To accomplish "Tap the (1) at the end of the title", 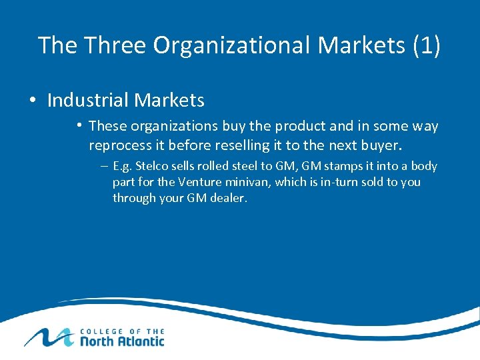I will (427, 45).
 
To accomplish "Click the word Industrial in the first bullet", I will (88, 101).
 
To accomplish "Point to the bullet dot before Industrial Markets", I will (32, 101).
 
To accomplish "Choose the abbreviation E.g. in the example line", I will (122, 166).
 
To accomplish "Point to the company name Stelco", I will (153, 166).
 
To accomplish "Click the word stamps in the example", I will (343, 166).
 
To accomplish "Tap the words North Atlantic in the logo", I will (122, 341).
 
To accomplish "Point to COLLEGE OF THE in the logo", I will (122, 330).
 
